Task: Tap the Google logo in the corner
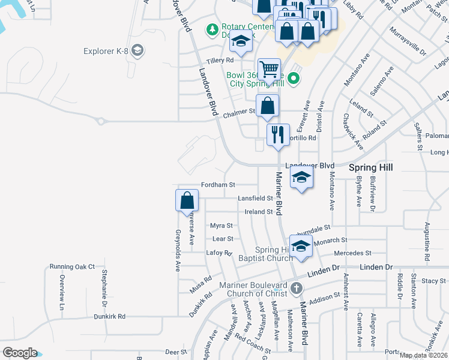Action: (20, 353)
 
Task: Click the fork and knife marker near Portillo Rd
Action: (278, 134)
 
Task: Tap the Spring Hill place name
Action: (371, 167)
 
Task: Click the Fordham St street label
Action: (218, 185)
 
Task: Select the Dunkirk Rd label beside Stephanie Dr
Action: (113, 316)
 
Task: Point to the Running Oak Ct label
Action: (72, 266)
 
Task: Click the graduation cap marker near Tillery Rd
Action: (241, 43)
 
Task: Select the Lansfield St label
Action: (255, 198)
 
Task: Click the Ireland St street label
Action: (259, 212)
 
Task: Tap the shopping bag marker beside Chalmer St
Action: (267, 107)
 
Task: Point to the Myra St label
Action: (221, 226)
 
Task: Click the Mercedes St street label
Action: (353, 253)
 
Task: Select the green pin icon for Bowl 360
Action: (293, 77)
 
